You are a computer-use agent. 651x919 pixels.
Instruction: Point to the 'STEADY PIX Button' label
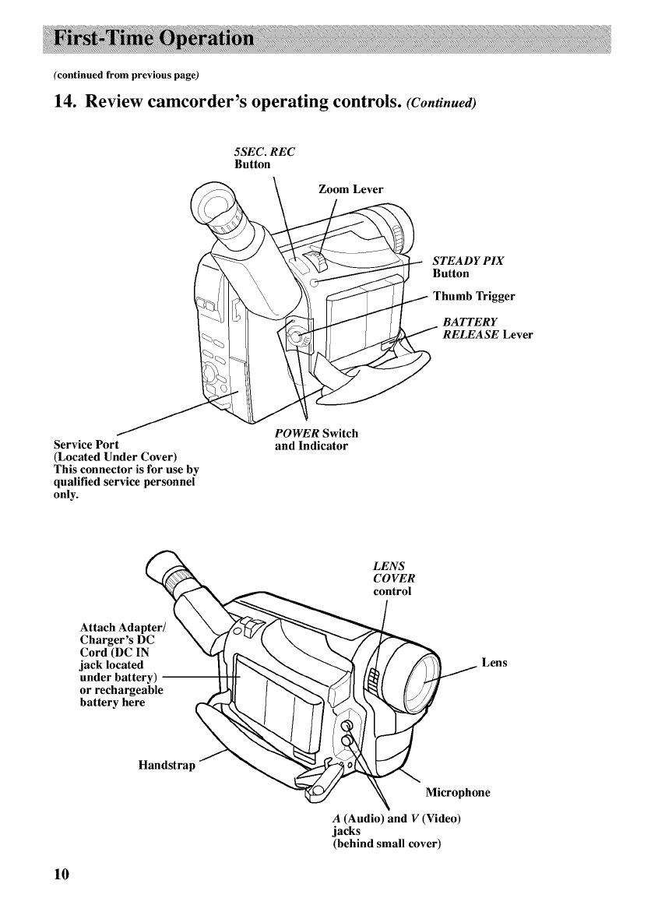click(x=468, y=267)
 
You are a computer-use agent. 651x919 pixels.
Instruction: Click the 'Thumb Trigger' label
click(x=473, y=296)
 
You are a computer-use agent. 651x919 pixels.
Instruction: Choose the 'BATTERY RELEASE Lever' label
click(x=487, y=328)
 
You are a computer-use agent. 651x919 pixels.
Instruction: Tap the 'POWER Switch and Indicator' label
click(x=315, y=440)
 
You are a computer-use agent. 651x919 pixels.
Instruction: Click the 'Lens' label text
click(x=494, y=663)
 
